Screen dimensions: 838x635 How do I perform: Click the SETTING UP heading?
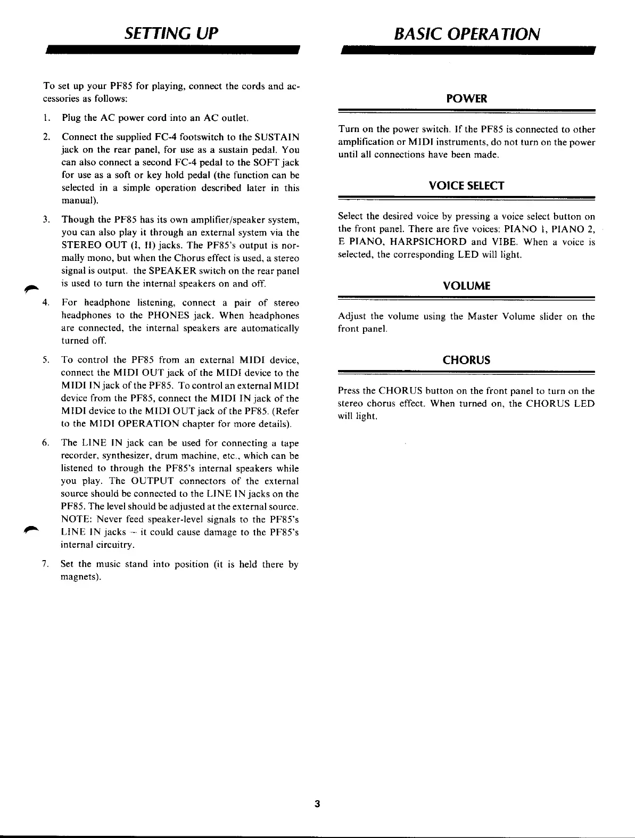[x=171, y=34]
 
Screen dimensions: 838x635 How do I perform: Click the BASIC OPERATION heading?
[x=467, y=34]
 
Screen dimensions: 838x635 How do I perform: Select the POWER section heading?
[x=466, y=99]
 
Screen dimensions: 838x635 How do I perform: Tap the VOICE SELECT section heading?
[x=466, y=186]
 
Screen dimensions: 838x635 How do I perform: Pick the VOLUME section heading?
[x=466, y=286]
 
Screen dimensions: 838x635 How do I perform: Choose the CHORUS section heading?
[x=466, y=360]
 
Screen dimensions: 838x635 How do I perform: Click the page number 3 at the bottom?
[x=317, y=804]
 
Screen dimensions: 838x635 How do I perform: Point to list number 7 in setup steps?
[x=45, y=564]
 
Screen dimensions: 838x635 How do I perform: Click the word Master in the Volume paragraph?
[x=482, y=317]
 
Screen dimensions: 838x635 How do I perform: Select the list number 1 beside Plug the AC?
[x=46, y=118]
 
